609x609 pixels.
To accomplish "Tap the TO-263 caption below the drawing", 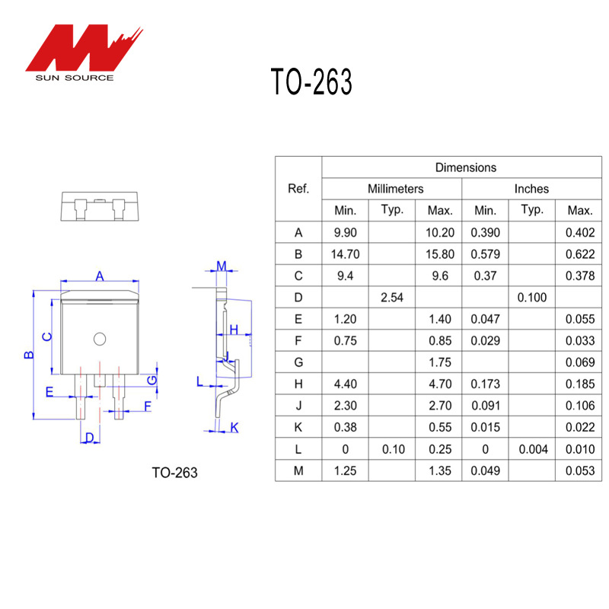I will (174, 473).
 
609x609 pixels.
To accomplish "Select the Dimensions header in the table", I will (465, 167).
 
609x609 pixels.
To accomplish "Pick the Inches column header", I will (531, 189).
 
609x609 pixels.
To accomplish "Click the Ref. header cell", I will (298, 189).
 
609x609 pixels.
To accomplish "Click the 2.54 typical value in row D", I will (392, 298).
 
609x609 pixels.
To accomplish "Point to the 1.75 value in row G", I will (440, 362).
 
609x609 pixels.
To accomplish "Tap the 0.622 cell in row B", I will (580, 254).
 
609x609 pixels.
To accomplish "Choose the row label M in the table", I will (298, 471).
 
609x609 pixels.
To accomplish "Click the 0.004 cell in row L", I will (533, 449).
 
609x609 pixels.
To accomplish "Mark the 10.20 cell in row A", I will (440, 232).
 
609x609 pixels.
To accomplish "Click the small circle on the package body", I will (100, 338).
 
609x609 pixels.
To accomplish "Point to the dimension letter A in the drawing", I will (100, 276).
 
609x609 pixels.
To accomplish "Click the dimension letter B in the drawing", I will (28, 355).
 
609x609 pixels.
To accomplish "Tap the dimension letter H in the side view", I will (234, 329).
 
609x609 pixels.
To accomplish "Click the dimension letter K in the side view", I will (234, 428).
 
